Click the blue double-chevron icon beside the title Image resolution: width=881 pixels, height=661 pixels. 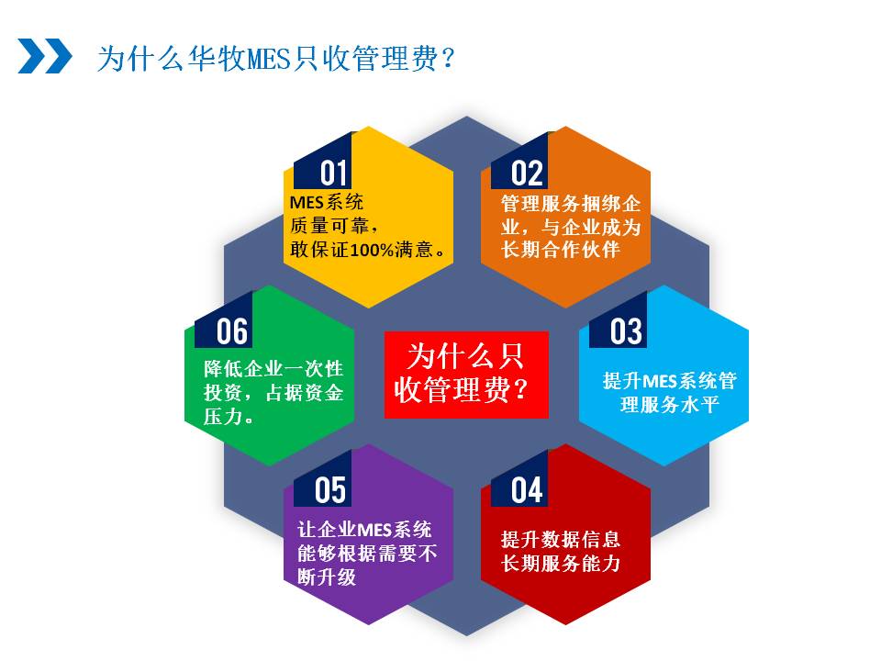coord(45,56)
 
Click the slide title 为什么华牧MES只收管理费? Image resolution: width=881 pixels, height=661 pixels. coord(276,58)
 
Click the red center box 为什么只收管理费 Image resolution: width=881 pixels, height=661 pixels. coord(466,375)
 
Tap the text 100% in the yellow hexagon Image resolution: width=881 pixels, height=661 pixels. coord(373,249)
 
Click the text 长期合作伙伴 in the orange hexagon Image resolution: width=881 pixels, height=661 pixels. coord(560,249)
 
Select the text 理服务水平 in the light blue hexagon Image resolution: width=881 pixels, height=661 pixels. coord(669,404)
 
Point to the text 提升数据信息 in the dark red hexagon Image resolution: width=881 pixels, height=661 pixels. coord(560,539)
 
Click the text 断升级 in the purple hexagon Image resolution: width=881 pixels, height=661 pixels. coord(327,577)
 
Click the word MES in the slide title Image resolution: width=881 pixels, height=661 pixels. coord(268,59)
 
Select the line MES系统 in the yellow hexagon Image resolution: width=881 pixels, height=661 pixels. coord(327,202)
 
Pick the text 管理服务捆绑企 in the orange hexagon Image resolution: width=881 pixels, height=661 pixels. coord(570,203)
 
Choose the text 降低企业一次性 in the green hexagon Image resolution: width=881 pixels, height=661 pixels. coord(273,369)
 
